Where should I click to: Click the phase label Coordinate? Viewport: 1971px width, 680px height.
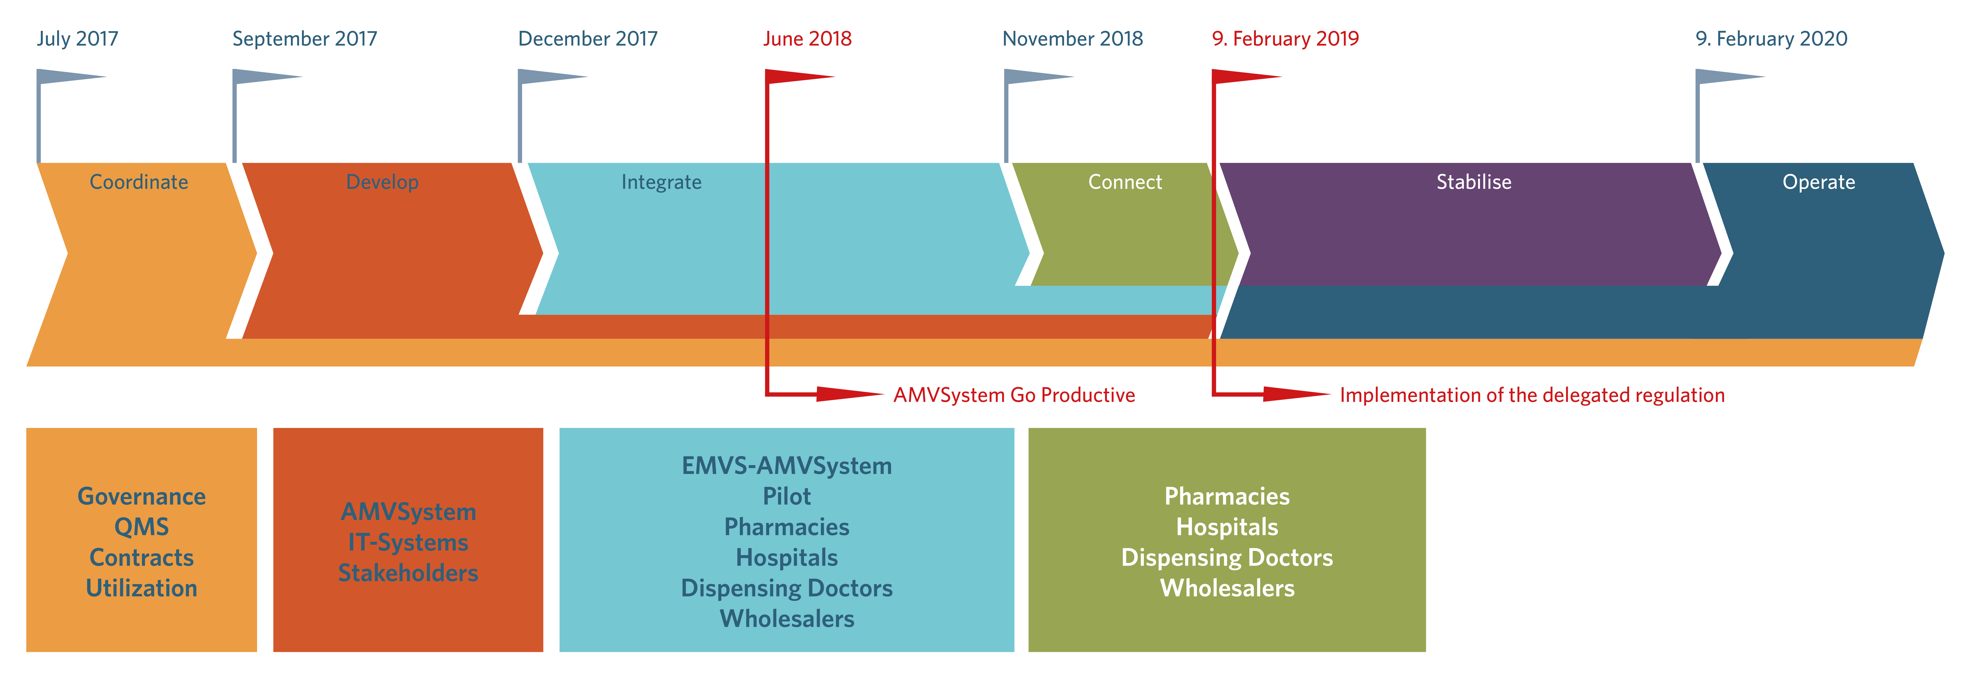139,182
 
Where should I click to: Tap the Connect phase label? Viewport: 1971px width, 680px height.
1125,182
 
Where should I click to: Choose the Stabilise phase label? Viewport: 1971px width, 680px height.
1474,182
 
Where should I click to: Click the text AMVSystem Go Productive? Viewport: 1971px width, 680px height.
1014,395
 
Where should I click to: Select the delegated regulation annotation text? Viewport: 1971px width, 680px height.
1532,395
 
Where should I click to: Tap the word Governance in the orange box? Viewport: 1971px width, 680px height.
141,496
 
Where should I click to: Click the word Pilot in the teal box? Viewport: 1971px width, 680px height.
787,496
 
